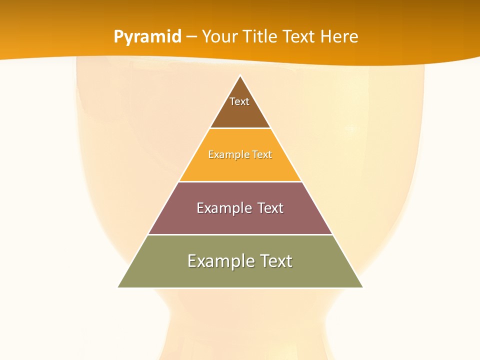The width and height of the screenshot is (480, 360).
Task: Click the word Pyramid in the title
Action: pos(147,37)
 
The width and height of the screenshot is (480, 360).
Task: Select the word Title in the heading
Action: pos(260,36)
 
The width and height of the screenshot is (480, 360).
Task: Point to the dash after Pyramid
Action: pos(191,37)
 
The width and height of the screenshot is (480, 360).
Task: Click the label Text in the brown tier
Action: pos(239,101)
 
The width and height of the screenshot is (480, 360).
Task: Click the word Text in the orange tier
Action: pos(262,154)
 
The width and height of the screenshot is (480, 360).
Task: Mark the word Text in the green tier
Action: pos(275,261)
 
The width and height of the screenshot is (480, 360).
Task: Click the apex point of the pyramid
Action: pos(240,76)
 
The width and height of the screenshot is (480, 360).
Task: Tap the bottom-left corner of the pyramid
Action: pos(118,287)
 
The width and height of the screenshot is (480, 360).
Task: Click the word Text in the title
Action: pos(299,36)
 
